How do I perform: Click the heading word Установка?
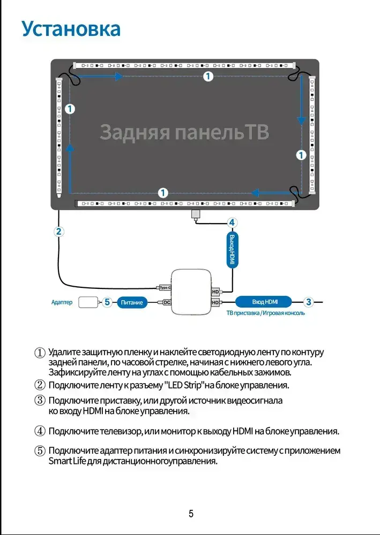click(x=71, y=29)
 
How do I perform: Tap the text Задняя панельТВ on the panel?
click(x=184, y=132)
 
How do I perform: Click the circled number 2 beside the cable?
click(x=59, y=232)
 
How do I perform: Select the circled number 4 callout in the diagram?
click(x=232, y=223)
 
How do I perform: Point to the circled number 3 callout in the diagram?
click(x=309, y=302)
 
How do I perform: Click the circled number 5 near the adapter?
click(x=107, y=302)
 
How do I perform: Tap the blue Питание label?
click(x=132, y=302)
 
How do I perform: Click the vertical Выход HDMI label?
click(x=233, y=249)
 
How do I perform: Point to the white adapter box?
click(x=88, y=302)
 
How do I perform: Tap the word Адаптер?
click(x=62, y=302)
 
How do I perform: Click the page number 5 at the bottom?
click(x=191, y=514)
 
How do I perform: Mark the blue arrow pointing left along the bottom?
click(x=277, y=193)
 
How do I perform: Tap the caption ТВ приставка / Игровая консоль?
click(x=265, y=313)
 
